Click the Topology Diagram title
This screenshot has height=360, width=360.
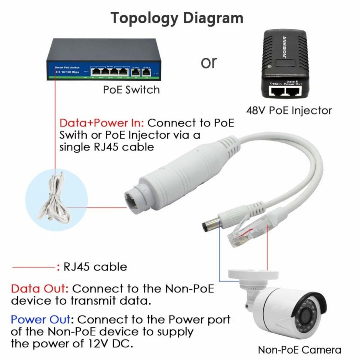(x=177, y=18)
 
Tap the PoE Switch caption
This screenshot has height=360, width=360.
(x=131, y=90)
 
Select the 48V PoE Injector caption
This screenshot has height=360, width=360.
(x=289, y=110)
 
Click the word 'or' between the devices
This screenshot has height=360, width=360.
(x=208, y=62)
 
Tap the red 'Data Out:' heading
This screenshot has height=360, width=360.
(x=40, y=289)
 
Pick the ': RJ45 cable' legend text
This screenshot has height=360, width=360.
(x=92, y=266)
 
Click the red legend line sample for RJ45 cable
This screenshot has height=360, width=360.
(x=33, y=266)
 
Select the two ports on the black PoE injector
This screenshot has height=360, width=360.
(x=286, y=91)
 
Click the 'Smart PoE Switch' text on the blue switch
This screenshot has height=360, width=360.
(x=65, y=68)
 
